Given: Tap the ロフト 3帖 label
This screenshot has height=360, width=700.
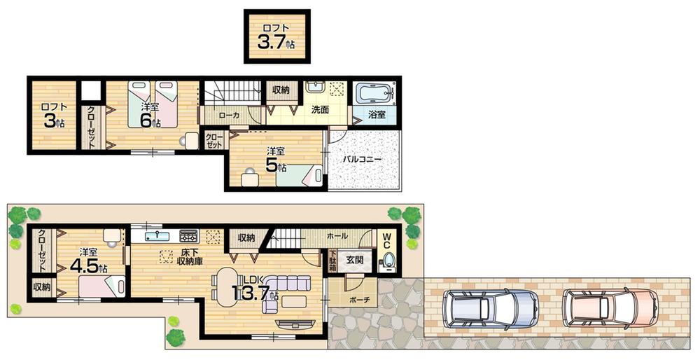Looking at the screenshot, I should [53, 116].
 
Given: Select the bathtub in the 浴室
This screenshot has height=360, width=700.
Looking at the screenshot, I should [374, 95].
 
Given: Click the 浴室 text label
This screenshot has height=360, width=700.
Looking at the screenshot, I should [376, 115].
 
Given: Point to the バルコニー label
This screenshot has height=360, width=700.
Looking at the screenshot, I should [362, 160].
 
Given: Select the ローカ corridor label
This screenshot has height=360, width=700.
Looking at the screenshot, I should [229, 116].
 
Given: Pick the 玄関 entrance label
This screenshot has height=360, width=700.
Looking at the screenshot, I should [354, 260].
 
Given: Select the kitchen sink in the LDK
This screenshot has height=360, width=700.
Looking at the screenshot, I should [158, 235].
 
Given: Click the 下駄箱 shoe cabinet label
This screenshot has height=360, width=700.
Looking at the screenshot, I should [333, 261].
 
